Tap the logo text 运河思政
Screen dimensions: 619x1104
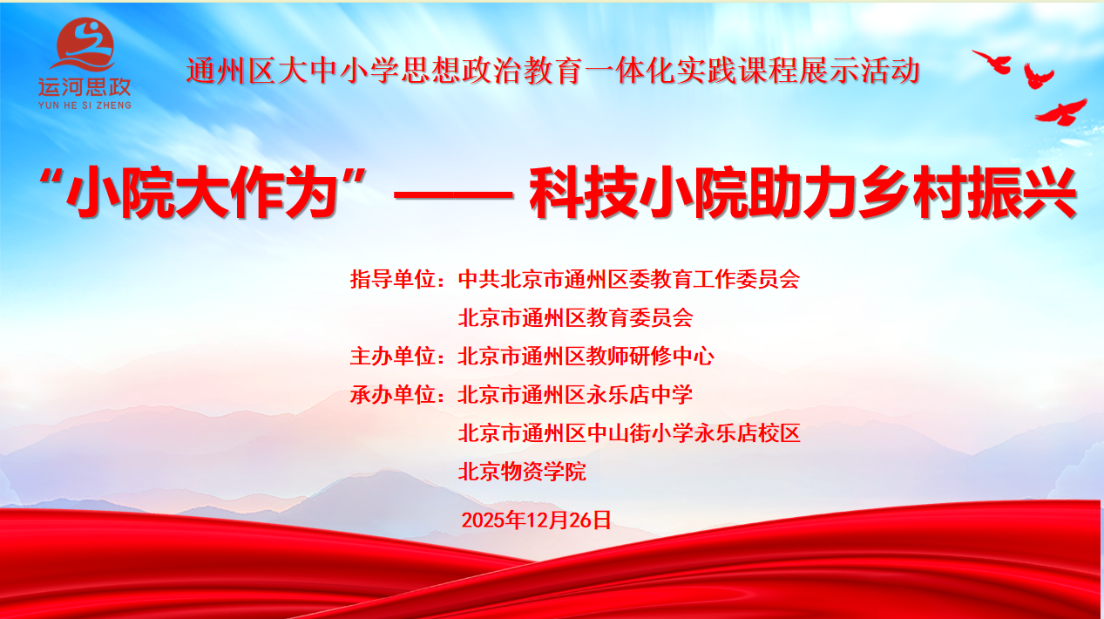pos(85,87)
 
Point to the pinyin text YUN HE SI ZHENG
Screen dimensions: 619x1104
pos(85,105)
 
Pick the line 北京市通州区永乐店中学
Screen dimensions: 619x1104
pos(575,395)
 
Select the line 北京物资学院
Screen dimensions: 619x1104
pos(522,472)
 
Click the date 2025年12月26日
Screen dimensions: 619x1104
pos(536,520)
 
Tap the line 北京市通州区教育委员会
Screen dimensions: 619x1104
pos(575,318)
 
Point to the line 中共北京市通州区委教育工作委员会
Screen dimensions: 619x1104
pos(628,280)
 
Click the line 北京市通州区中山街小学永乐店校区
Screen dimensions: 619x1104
pos(628,433)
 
